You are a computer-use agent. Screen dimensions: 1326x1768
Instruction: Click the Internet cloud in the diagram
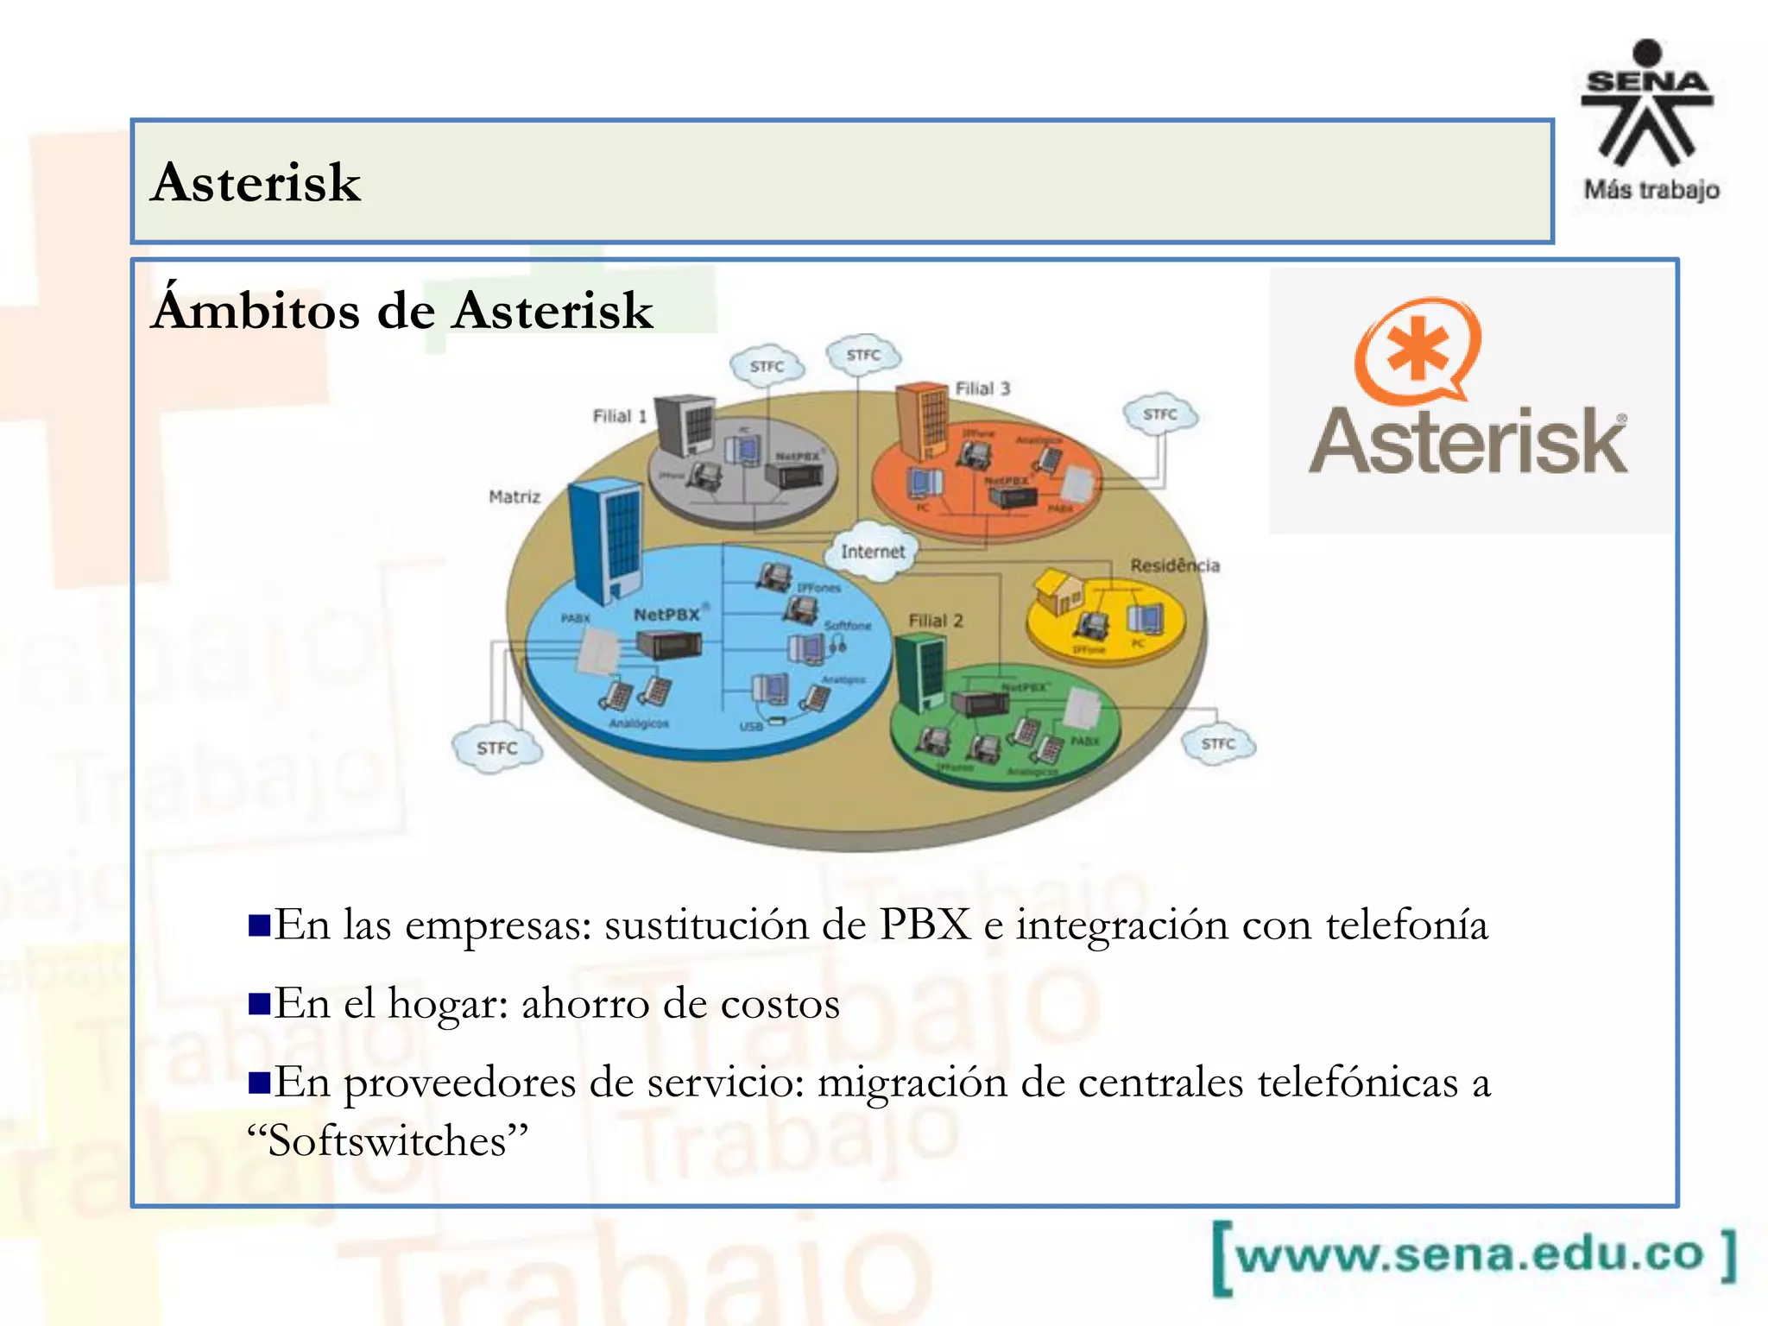(x=872, y=551)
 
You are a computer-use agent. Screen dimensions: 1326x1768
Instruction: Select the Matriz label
(x=515, y=496)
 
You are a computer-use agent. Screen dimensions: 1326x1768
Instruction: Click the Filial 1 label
(x=619, y=416)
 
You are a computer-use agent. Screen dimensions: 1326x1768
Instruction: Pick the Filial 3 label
(x=982, y=388)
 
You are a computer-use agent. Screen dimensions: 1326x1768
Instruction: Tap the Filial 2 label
(x=935, y=621)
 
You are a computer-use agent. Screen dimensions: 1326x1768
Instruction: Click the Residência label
(x=1174, y=565)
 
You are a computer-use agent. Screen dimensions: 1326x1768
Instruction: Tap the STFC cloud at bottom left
(x=497, y=748)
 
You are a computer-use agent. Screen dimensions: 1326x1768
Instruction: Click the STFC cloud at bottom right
(x=1218, y=743)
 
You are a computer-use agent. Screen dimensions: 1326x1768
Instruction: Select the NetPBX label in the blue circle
(x=667, y=615)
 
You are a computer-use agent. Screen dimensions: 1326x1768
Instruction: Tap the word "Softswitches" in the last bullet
(x=388, y=1141)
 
